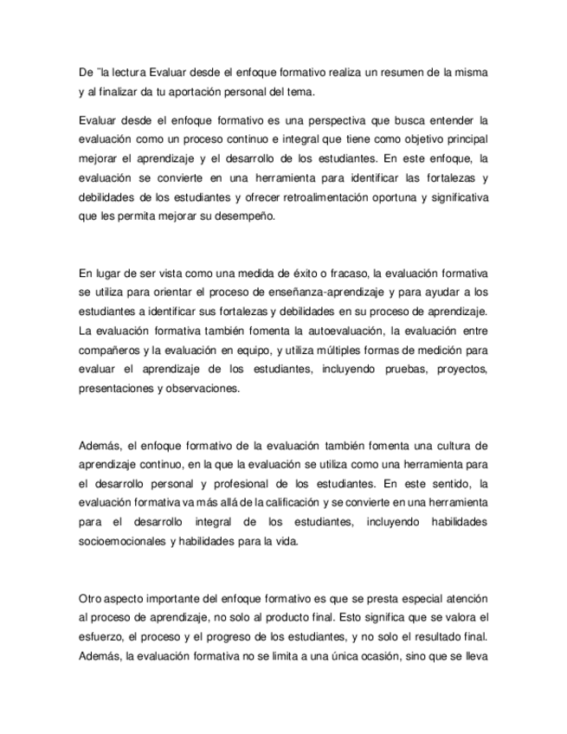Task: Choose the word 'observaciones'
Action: click(x=193, y=390)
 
